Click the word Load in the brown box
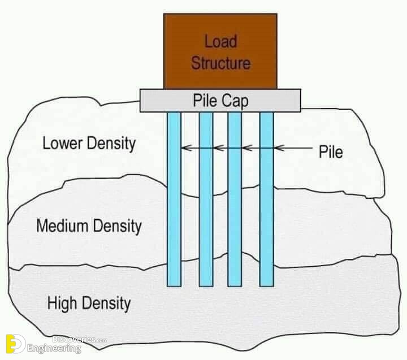point(220,41)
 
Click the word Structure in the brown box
point(221,63)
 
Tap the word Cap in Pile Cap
point(235,101)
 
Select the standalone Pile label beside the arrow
point(331,152)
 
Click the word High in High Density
point(62,303)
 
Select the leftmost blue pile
point(174,199)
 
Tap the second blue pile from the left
point(206,199)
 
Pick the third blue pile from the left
point(235,199)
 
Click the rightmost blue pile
point(267,199)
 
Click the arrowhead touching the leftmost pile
point(187,148)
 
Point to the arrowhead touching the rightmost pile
point(279,148)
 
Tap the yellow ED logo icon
point(16,344)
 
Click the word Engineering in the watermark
point(54,348)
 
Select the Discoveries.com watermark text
point(80,339)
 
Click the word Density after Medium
point(118,226)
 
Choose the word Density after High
point(106,303)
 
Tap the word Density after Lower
point(111,144)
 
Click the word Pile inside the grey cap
point(205,101)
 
